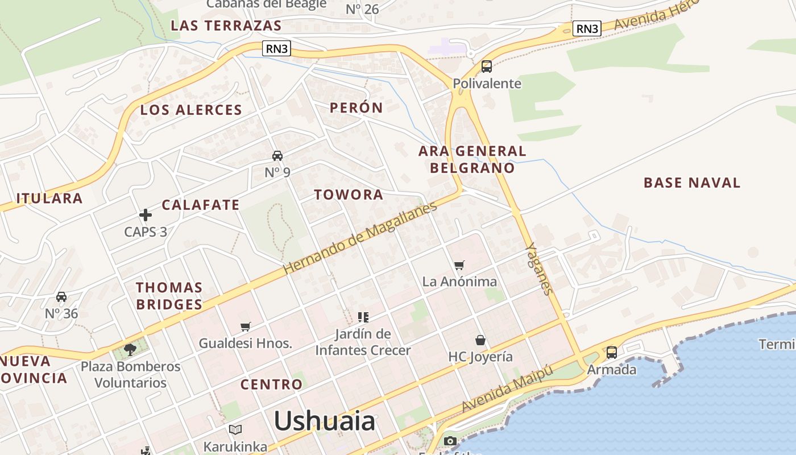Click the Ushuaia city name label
(x=325, y=421)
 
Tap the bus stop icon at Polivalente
(x=487, y=66)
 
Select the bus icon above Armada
(x=612, y=352)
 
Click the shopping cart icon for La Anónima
(x=459, y=264)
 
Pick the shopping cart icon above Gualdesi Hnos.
(x=246, y=326)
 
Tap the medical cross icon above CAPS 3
(x=146, y=215)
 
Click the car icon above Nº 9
(x=277, y=155)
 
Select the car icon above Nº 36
(x=61, y=296)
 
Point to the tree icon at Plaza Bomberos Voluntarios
(x=130, y=349)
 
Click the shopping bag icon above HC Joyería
(x=480, y=340)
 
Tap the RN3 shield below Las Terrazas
(x=277, y=49)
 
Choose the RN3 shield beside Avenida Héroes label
(x=587, y=28)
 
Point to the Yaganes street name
(x=538, y=269)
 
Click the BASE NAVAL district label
(x=692, y=183)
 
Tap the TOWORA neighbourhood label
(x=349, y=195)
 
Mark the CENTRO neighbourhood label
(x=271, y=384)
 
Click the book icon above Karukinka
(x=235, y=429)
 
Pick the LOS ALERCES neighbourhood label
(x=191, y=110)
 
